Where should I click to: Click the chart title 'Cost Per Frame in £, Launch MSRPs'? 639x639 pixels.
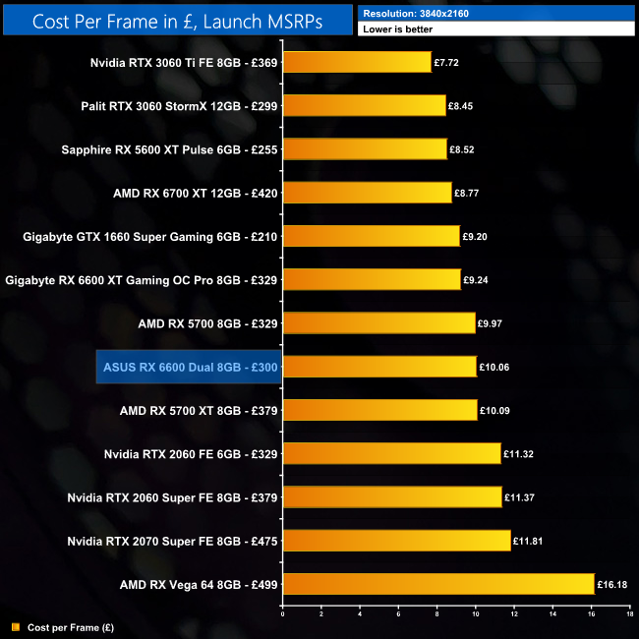177,21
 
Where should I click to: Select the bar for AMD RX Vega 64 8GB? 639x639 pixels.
438,584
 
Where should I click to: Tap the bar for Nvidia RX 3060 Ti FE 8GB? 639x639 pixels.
357,62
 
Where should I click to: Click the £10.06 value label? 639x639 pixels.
494,367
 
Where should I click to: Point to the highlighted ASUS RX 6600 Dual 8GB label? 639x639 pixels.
190,367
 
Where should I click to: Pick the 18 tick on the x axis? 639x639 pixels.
629,614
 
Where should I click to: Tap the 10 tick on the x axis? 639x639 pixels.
475,614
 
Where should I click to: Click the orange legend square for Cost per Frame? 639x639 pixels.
15,626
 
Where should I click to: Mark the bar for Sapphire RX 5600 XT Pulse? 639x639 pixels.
365,148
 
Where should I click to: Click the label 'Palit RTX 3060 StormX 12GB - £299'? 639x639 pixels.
181,105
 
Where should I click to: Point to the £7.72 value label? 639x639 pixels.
448,62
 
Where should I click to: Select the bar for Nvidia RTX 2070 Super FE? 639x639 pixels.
396,541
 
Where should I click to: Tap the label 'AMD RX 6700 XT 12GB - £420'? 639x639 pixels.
196,193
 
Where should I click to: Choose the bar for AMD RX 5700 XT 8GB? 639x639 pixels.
379,410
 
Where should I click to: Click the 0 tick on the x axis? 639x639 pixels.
283,614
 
